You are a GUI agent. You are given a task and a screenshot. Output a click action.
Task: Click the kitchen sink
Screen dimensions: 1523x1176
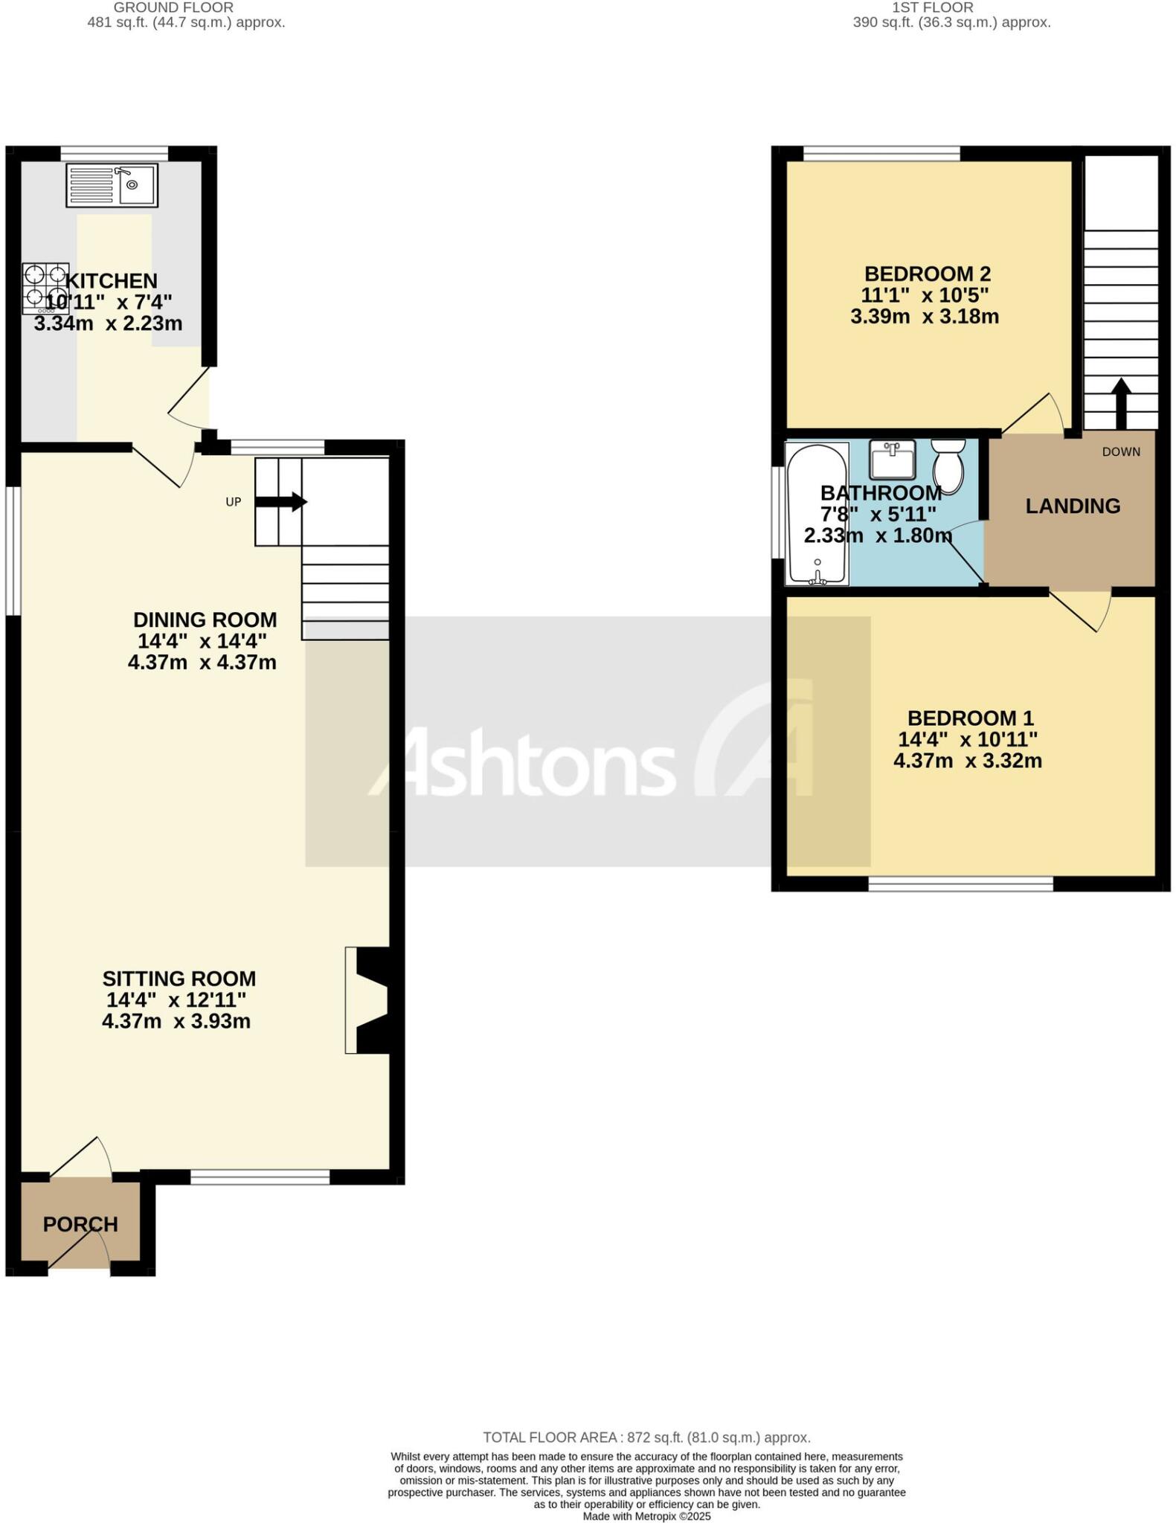pos(112,184)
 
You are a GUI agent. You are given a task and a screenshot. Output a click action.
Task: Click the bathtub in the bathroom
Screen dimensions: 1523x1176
pos(817,514)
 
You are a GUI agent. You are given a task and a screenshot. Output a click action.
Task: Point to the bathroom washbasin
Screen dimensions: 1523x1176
pos(892,460)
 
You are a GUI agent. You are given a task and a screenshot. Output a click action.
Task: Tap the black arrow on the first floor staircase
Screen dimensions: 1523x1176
pos(1120,402)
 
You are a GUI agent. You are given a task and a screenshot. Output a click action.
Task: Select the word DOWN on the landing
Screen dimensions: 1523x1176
pos(1121,451)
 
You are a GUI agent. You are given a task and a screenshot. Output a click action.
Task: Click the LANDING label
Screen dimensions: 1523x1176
pos(1073,506)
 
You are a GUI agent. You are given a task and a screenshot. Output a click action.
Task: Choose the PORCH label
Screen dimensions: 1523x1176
pos(80,1224)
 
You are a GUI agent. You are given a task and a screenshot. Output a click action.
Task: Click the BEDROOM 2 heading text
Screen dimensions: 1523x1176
pos(927,274)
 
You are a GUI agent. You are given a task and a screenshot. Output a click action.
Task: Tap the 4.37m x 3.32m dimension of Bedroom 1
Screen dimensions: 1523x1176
pos(967,761)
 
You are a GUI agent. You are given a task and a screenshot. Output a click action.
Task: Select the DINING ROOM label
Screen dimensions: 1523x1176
pos(205,619)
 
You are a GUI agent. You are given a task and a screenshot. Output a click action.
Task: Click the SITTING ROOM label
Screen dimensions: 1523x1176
pos(179,979)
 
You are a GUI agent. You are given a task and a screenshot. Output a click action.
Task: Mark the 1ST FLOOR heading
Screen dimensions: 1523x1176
pos(932,7)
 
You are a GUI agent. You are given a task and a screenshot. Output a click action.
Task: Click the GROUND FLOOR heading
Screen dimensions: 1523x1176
pos(173,7)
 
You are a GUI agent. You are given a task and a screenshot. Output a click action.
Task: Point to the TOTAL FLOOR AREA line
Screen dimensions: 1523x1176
pos(646,1437)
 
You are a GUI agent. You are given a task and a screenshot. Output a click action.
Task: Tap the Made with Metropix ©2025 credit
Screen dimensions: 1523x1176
pos(646,1516)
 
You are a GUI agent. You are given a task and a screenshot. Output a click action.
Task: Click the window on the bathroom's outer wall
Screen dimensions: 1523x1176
pos(777,512)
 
